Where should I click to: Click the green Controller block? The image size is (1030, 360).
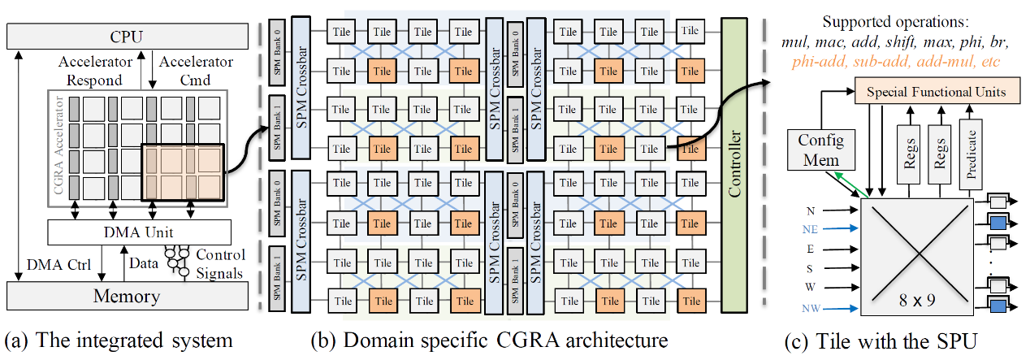coord(738,170)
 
